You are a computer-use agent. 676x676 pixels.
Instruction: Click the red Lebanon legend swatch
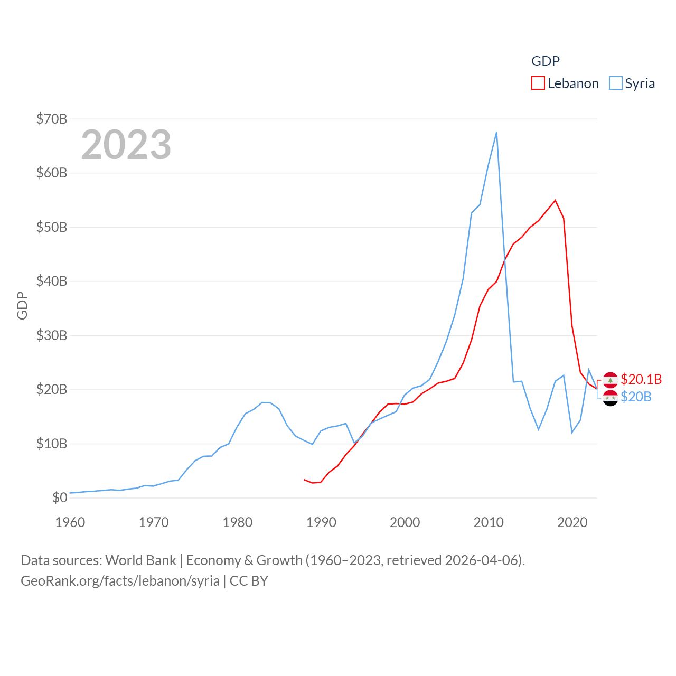[538, 83]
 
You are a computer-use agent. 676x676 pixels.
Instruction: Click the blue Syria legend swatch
[615, 83]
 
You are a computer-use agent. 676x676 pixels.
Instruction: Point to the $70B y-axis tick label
[52, 119]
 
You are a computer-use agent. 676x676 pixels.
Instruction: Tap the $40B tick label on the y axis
[52, 281]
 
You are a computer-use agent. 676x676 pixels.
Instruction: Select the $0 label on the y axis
[60, 497]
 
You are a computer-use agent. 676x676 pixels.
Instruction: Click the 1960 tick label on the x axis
[70, 522]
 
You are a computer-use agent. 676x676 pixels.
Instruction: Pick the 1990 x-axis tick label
[321, 522]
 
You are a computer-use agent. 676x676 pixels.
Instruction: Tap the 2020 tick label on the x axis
[572, 522]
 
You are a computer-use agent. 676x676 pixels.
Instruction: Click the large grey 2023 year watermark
[126, 145]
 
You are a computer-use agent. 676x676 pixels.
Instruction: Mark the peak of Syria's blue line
[496, 132]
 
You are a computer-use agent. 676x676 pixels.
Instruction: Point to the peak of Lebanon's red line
[555, 200]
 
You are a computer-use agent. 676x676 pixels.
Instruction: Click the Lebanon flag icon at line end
[610, 380]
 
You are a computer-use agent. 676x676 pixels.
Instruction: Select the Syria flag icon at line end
[610, 398]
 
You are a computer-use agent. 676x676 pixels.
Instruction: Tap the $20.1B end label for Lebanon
[641, 379]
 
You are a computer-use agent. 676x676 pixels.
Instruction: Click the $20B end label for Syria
[636, 397]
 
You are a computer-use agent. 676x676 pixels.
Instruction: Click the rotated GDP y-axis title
[22, 305]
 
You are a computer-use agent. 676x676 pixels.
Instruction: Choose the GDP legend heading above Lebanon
[545, 61]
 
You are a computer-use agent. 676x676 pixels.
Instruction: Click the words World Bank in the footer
[140, 560]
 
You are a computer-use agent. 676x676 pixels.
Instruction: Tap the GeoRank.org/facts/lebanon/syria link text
[120, 581]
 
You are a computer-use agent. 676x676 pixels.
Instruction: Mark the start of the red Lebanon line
[305, 480]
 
